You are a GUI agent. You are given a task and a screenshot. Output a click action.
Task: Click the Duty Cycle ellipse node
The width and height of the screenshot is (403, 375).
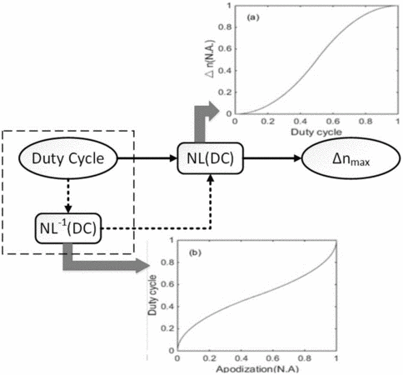(68, 158)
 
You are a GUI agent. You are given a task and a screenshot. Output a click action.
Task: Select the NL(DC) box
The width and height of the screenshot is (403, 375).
(210, 158)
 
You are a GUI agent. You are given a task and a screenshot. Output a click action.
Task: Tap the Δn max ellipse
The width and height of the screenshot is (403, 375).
(351, 158)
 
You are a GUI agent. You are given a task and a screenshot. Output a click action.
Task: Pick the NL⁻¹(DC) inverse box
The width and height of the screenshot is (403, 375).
(68, 228)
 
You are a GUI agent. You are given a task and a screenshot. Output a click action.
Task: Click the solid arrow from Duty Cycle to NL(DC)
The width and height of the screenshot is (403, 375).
(147, 158)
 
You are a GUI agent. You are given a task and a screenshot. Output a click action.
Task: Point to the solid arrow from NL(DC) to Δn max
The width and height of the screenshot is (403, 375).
(272, 158)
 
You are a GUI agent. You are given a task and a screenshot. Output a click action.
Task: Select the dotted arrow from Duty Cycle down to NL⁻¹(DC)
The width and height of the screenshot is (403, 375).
(68, 196)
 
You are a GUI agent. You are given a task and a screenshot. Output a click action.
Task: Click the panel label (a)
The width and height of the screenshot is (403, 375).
(253, 18)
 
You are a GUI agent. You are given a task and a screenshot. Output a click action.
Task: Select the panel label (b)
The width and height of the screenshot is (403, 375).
(195, 252)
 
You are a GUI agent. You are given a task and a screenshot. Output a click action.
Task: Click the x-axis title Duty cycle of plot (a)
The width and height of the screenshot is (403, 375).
(316, 132)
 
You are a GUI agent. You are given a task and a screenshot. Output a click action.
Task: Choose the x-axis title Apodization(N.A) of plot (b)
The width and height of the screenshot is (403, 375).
(257, 369)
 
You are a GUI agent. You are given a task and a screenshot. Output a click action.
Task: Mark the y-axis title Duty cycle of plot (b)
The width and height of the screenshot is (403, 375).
(152, 295)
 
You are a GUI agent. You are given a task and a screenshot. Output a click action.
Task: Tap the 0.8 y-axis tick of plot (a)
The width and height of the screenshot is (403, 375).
(225, 27)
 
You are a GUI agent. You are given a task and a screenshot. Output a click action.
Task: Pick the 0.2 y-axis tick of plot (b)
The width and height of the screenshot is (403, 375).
(167, 328)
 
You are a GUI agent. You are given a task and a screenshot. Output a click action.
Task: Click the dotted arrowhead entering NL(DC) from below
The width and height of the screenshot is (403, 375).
(211, 177)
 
